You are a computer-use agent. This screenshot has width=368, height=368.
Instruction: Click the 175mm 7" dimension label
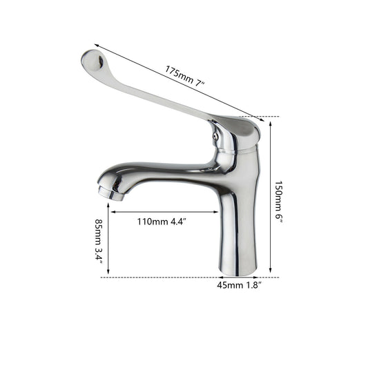[185, 76]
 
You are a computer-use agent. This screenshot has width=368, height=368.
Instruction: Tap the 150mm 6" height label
[279, 200]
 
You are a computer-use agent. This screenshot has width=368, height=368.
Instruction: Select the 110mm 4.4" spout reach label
[162, 222]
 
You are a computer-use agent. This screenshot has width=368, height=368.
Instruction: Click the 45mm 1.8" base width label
[239, 285]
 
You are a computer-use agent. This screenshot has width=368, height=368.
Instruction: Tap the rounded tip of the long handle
[93, 61]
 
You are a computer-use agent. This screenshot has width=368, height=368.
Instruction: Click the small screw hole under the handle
[215, 136]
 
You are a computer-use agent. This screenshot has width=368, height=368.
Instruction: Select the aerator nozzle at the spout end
[110, 194]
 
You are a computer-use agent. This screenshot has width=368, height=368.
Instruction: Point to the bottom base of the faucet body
[238, 271]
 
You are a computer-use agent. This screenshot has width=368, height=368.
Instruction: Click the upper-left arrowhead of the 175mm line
[96, 45]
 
